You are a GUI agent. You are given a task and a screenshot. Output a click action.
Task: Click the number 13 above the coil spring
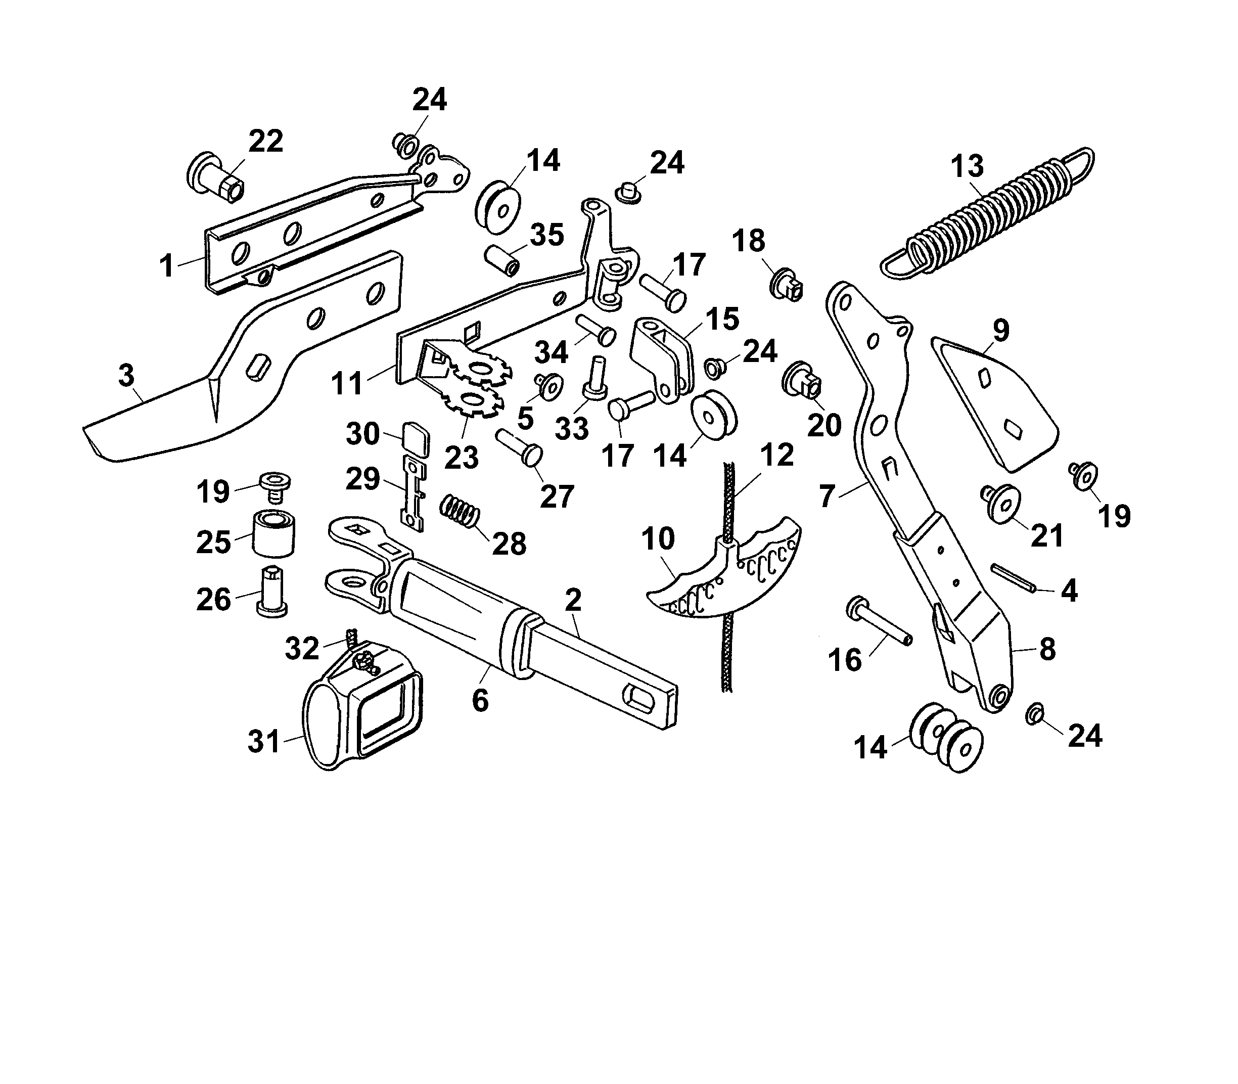[x=967, y=166]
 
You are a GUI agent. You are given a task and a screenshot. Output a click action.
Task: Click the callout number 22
[x=265, y=142]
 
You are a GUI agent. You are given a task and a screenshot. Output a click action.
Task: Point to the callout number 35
[x=547, y=235]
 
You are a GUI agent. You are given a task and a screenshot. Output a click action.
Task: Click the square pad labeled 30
[x=415, y=438]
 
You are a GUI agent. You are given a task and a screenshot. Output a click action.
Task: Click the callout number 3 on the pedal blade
[x=126, y=376]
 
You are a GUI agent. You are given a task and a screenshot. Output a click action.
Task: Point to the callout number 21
[x=1046, y=536]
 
